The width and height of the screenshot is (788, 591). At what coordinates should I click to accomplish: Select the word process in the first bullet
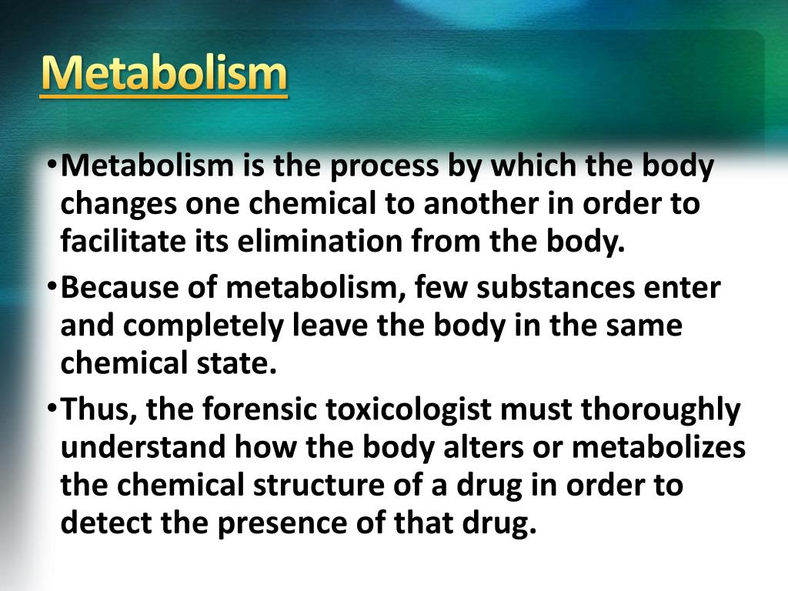click(383, 166)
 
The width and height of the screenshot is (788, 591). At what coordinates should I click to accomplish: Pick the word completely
click(203, 326)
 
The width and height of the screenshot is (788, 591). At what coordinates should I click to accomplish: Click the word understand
click(143, 447)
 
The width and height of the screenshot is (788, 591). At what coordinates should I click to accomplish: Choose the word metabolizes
click(659, 447)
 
